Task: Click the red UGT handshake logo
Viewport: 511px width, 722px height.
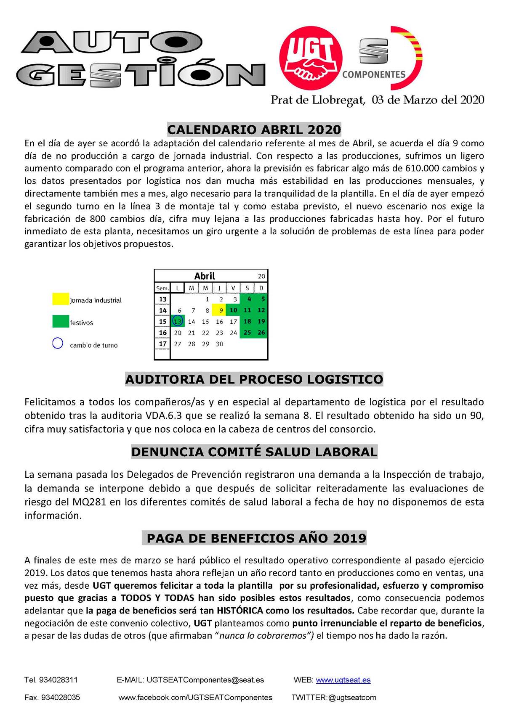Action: (311, 58)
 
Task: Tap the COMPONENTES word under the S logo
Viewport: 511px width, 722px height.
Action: (374, 75)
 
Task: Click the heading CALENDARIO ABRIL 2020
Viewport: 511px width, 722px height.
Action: (254, 129)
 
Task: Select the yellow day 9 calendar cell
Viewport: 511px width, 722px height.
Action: (220, 311)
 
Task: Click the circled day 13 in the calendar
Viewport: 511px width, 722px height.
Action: (178, 321)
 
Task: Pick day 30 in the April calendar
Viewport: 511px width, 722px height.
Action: (219, 344)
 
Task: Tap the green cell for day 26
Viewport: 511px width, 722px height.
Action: (261, 333)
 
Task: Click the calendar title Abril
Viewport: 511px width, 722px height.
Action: (205, 276)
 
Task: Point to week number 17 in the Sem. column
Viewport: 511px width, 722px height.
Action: (163, 344)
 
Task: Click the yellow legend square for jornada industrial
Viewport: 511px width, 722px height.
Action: (60, 299)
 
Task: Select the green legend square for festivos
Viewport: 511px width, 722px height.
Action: (60, 322)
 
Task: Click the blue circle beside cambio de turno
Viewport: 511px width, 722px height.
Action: (58, 344)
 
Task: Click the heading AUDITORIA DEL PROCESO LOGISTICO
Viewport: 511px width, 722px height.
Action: (254, 379)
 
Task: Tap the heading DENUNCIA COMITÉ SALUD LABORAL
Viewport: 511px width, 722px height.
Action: (254, 452)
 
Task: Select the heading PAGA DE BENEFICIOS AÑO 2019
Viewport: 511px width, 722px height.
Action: (256, 538)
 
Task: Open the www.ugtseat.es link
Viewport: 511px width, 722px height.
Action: (343, 680)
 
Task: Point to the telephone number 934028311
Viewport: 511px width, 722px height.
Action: (58, 680)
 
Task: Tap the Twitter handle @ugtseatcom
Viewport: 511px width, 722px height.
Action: (352, 697)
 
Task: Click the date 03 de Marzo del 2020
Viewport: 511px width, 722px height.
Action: (428, 100)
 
